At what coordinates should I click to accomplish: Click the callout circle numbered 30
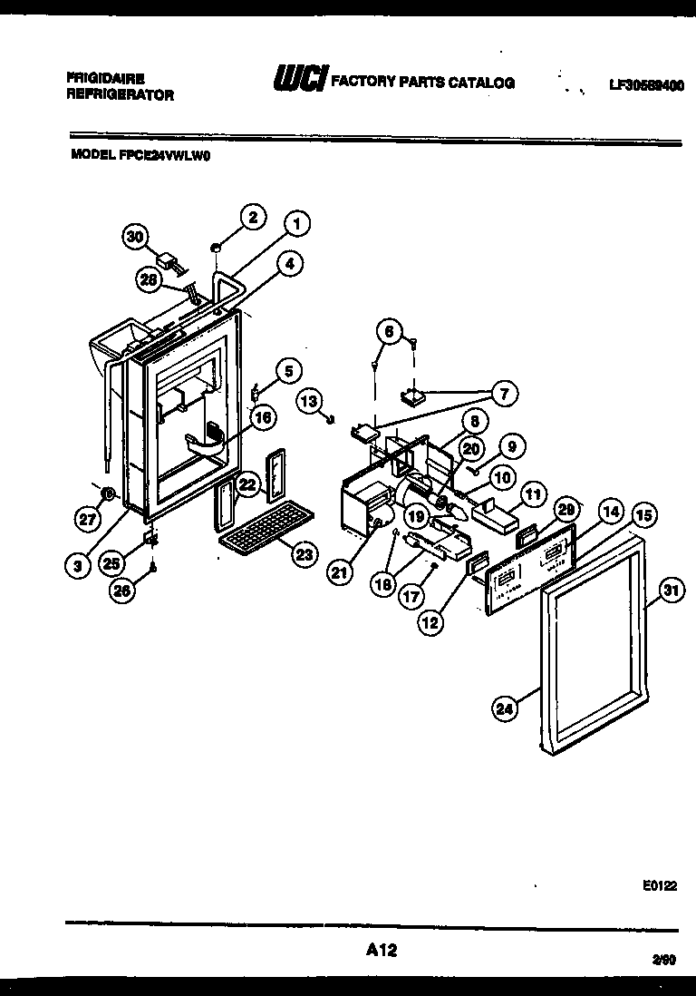tap(134, 237)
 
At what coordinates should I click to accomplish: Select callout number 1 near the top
tap(296, 221)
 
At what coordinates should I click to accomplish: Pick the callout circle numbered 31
tap(670, 590)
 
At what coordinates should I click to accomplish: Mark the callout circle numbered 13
tap(309, 401)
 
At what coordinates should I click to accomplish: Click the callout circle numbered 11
tap(533, 495)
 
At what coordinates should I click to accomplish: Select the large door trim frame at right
tap(594, 645)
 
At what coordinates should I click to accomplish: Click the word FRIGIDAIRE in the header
tap(105, 78)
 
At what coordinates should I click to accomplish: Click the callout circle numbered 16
tap(262, 418)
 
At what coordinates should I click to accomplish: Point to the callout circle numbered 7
tap(503, 393)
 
